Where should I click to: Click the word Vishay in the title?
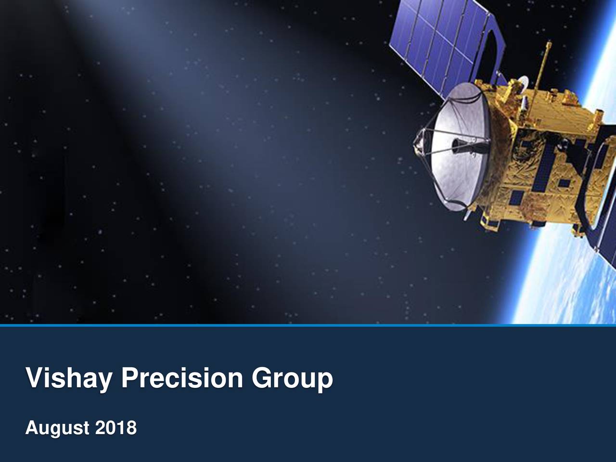pyautogui.click(x=68, y=379)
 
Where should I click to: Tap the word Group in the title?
pyautogui.click(x=293, y=379)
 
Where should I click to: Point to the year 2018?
pyautogui.click(x=116, y=427)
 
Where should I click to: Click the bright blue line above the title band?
pyautogui.click(x=308, y=325)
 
